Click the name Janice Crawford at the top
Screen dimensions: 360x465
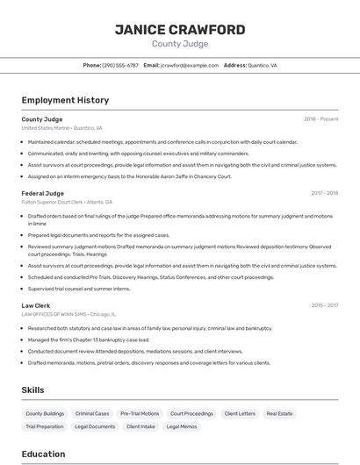180,30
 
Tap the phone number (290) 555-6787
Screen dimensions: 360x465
120,65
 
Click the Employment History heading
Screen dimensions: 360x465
65,100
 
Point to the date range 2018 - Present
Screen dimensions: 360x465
320,118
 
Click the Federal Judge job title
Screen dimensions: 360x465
43,193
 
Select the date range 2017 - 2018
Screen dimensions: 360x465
324,193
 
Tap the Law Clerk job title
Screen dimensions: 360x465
36,305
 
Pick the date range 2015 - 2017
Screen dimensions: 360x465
324,305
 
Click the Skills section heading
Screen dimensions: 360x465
33,390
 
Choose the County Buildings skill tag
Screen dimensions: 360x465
45,413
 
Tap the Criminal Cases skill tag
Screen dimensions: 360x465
92,413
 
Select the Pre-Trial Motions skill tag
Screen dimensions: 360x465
140,413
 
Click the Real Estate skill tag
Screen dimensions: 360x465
279,413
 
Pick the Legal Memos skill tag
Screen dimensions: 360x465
182,426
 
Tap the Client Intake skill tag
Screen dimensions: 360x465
140,426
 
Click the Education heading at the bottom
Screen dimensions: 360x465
44,454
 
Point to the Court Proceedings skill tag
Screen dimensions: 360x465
191,413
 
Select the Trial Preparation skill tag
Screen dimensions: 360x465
45,426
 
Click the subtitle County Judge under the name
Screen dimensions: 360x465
180,43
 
